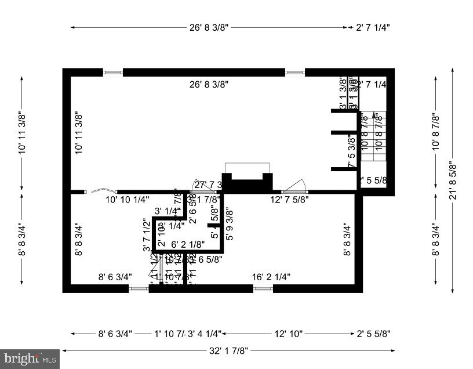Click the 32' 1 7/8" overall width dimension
coord(229,350)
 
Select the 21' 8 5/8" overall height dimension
coord(452,180)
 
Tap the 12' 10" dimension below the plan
coord(288,334)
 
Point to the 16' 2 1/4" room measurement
coord(271,277)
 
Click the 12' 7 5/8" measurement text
coord(289,199)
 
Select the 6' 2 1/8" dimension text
coord(188,245)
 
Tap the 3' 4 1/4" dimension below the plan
coord(205,334)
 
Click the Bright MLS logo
coord(30,359)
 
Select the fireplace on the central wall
coord(248,178)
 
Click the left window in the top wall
coord(113,73)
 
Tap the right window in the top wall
coord(294,73)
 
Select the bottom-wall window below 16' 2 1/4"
coord(263,288)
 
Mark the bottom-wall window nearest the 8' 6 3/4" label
coord(138,288)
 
